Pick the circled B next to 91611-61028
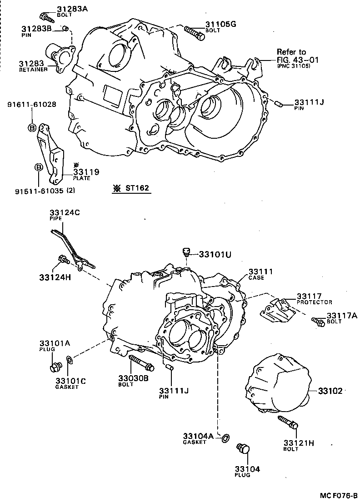[x=32, y=128]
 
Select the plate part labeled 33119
[x=50, y=152]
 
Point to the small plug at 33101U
[x=185, y=251]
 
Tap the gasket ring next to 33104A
[x=225, y=438]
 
